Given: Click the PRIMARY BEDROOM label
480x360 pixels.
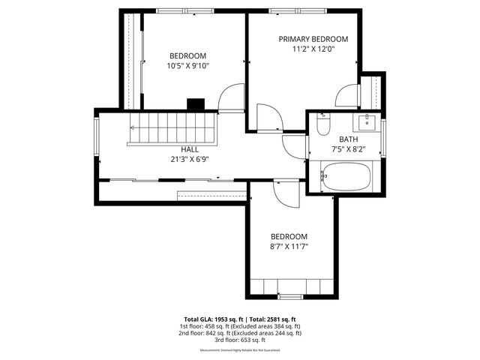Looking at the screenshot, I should coord(313,39).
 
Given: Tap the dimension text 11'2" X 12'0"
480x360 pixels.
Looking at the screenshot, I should coord(313,49).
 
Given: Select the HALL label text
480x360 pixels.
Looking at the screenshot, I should coord(190,149).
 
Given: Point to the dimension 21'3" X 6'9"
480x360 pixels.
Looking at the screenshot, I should coord(190,159).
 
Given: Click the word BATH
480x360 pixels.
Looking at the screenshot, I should coord(348,139).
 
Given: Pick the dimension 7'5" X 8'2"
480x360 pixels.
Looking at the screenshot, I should coord(348,149).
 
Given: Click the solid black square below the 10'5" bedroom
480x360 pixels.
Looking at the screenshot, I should coord(196,105).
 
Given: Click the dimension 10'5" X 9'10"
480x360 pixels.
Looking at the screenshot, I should coord(187,66).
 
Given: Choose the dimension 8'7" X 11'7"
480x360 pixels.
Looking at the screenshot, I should coord(289,245).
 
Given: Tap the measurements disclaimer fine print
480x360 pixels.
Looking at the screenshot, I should coord(240,350).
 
